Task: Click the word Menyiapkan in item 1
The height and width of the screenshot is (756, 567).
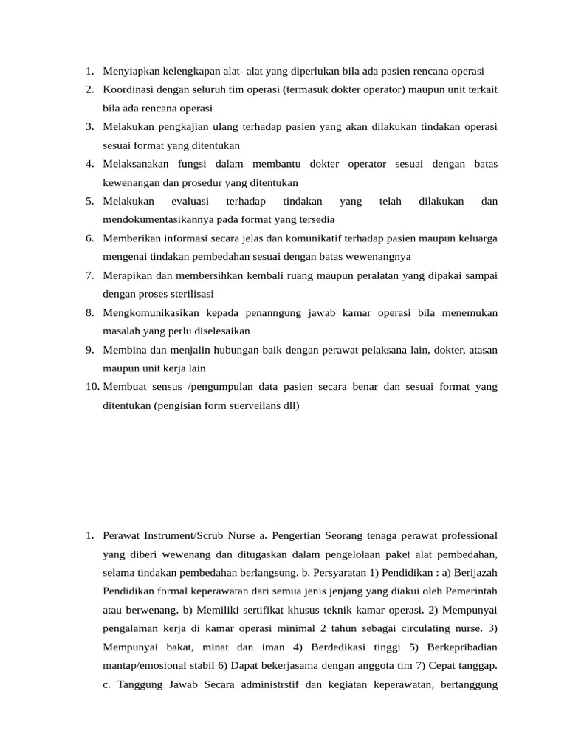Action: click(130, 72)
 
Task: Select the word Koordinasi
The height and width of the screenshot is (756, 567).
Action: click(128, 90)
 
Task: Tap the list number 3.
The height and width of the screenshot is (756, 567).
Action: click(89, 127)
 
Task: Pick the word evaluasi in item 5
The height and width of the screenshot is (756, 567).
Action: click(190, 201)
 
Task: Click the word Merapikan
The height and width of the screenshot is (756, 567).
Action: click(126, 275)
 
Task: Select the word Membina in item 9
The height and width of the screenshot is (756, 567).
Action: click(123, 349)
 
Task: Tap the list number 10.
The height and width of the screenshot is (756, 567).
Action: click(92, 386)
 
